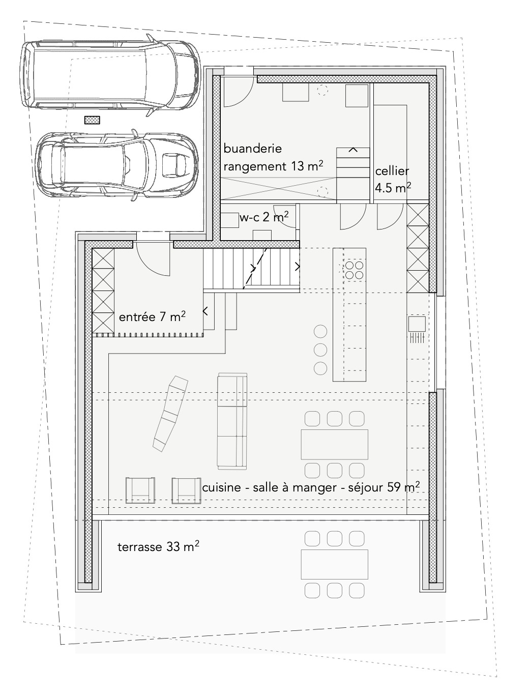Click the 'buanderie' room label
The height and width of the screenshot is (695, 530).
click(x=253, y=149)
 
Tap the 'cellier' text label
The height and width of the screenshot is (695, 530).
click(x=392, y=171)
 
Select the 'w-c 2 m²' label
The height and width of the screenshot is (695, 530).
click(x=264, y=218)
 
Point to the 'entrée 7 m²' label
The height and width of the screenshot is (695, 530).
click(x=152, y=317)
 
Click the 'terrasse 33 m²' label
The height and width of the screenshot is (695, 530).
click(x=158, y=547)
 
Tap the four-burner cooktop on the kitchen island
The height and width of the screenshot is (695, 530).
click(x=355, y=270)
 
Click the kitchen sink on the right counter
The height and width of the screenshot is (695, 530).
click(x=417, y=324)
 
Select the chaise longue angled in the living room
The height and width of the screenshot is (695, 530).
click(x=170, y=413)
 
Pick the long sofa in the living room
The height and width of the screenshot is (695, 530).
click(x=232, y=421)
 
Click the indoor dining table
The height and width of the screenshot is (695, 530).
click(x=334, y=445)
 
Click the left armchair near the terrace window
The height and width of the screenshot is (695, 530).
click(x=140, y=490)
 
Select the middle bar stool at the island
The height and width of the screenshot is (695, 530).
click(x=320, y=350)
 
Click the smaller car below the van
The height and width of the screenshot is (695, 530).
click(x=118, y=164)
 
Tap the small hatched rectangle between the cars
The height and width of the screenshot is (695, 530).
click(x=92, y=120)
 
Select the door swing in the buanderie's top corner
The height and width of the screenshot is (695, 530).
click(x=238, y=92)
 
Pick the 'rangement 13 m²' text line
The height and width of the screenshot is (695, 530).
click(x=274, y=166)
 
